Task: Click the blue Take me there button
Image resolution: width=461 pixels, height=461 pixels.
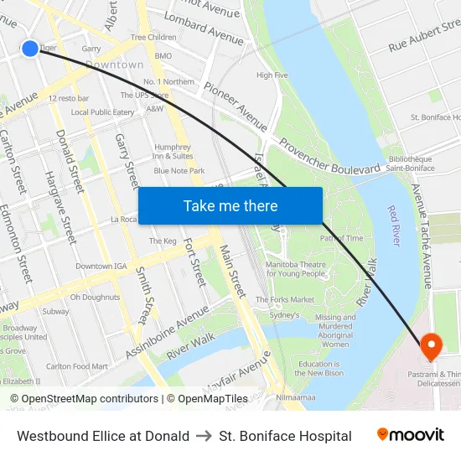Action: point(230,205)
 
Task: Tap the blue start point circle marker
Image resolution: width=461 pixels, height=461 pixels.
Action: point(29,49)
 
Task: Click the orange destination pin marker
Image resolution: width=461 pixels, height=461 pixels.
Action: point(431,344)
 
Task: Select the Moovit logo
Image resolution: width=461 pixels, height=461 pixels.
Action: point(410,435)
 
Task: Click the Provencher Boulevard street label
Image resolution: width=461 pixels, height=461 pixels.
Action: point(329,157)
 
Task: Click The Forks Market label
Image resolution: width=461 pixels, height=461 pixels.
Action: point(285,299)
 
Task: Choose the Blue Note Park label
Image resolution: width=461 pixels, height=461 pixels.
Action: point(179,171)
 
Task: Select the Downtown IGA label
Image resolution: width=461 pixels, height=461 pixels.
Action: point(101,266)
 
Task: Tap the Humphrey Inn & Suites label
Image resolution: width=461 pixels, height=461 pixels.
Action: point(173,152)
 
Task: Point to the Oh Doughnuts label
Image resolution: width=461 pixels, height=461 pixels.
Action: point(95,297)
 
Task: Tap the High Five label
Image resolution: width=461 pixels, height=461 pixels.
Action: point(272,75)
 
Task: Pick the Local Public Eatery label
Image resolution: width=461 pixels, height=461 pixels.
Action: point(102,112)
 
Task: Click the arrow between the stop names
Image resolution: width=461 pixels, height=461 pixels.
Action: point(205,436)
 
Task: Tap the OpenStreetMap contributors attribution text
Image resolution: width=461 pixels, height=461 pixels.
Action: point(84,399)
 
